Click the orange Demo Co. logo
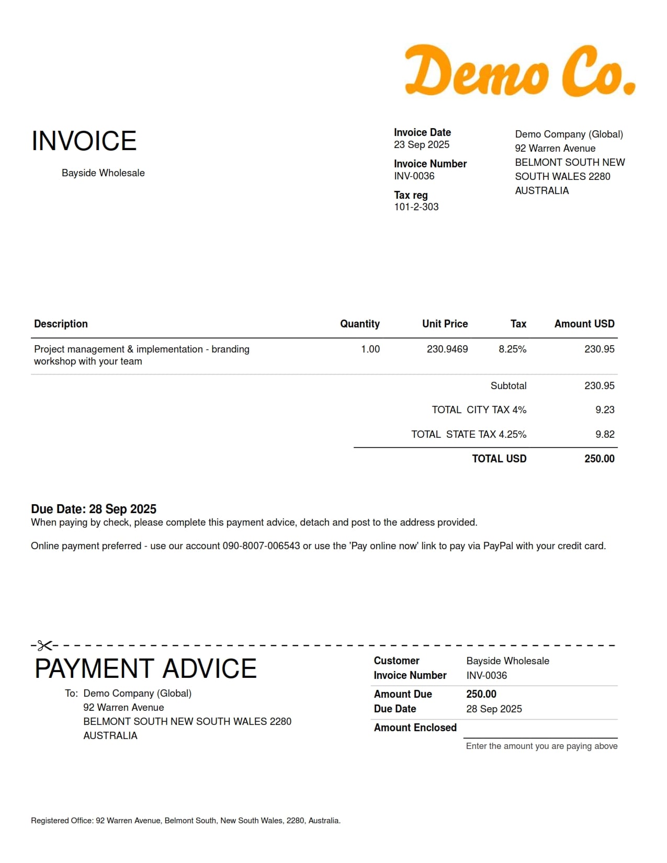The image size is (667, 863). pyautogui.click(x=520, y=71)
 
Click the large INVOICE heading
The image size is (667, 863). pyautogui.click(x=84, y=141)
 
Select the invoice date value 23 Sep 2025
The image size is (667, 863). pyautogui.click(x=421, y=145)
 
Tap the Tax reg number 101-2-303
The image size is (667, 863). pyautogui.click(x=416, y=207)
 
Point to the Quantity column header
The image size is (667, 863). pyautogui.click(x=359, y=324)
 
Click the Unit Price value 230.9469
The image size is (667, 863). pyautogui.click(x=447, y=349)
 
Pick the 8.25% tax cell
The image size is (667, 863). pyautogui.click(x=512, y=349)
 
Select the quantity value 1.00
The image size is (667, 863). pyautogui.click(x=370, y=349)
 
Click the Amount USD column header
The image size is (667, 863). pyautogui.click(x=584, y=324)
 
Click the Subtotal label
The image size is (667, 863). pyautogui.click(x=508, y=386)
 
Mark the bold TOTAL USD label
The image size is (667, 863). pyautogui.click(x=499, y=459)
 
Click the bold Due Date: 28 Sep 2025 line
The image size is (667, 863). pyautogui.click(x=94, y=509)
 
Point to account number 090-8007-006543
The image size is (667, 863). pyautogui.click(x=261, y=546)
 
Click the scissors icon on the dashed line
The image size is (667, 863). pyautogui.click(x=44, y=645)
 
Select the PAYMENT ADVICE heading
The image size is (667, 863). pyautogui.click(x=145, y=668)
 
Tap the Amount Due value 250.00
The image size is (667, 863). pyautogui.click(x=481, y=694)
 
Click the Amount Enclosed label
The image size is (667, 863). pyautogui.click(x=415, y=728)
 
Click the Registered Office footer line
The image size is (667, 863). pyautogui.click(x=186, y=821)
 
